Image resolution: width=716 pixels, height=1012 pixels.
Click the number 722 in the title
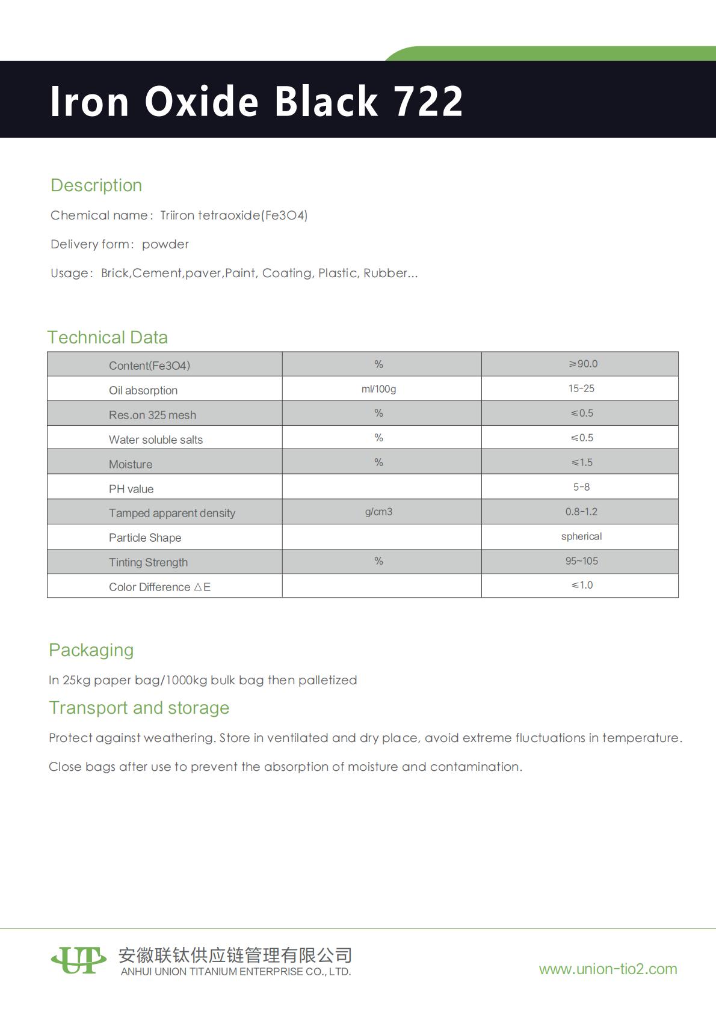428,101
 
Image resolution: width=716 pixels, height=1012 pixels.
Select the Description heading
96,185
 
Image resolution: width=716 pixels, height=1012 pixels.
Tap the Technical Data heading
108,337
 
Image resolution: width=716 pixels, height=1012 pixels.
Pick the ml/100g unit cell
378,389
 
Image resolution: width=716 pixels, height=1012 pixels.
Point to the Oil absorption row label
143,390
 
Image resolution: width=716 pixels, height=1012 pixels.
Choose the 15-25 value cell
581,388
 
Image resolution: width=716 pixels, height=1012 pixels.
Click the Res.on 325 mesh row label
152,415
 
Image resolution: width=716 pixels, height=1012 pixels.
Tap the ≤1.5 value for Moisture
582,462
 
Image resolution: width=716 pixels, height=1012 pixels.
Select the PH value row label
131,489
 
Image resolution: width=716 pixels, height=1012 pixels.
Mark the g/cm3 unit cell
378,512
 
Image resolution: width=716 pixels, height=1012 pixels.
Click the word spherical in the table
581,536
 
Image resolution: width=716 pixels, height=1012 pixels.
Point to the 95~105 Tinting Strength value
581,561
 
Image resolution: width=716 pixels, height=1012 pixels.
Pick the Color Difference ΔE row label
159,587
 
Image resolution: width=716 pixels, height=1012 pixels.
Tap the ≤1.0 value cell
582,585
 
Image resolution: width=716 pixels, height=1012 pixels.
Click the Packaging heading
91,650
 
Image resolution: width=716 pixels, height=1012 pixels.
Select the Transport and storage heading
139,708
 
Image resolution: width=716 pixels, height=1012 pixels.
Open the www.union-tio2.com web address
608,969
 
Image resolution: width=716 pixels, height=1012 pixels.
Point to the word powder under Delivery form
165,244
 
